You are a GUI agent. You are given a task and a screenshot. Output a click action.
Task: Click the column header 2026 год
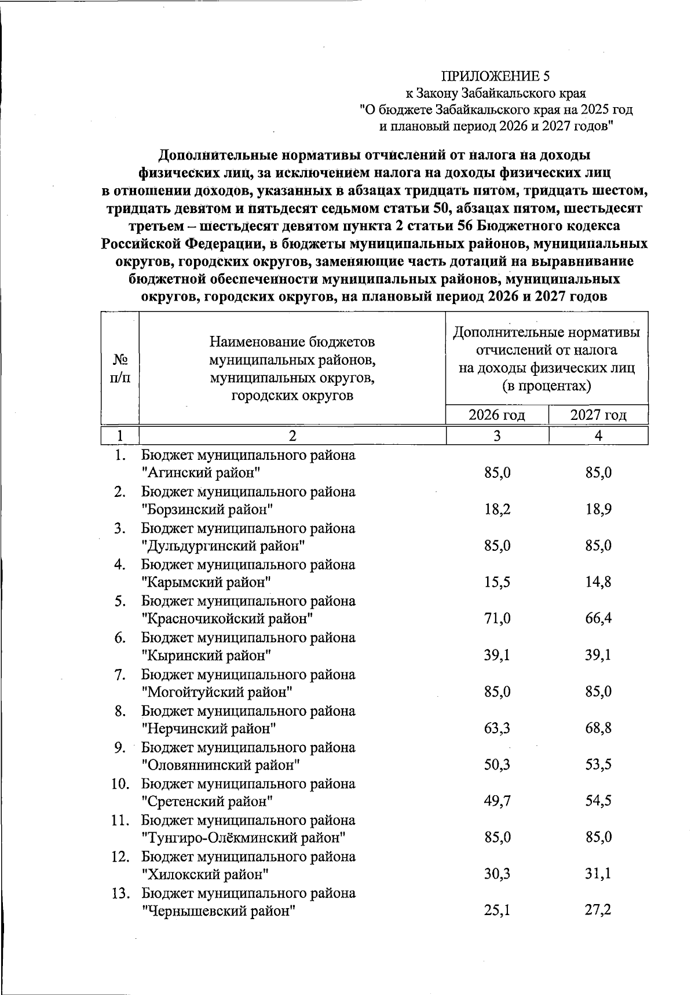click(497, 415)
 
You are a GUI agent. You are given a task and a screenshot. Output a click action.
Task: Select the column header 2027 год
click(598, 415)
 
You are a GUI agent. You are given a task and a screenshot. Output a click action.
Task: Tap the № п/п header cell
click(120, 368)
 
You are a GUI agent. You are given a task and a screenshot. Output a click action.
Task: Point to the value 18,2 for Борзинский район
click(497, 510)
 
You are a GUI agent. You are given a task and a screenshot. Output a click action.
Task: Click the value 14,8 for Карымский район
click(598, 582)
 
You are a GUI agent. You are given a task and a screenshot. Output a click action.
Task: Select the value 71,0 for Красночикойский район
click(497, 619)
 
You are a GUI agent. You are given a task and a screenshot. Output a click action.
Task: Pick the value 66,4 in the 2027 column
click(598, 619)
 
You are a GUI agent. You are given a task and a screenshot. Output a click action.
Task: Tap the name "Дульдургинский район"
click(223, 546)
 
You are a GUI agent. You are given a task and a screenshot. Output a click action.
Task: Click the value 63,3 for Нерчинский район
click(497, 728)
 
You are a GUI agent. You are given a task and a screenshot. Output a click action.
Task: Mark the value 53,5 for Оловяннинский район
click(598, 764)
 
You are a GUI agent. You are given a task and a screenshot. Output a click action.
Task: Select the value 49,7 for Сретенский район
click(497, 801)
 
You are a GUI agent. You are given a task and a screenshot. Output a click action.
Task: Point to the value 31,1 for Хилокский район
click(598, 874)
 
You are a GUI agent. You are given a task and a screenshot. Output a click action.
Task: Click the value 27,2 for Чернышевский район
click(598, 910)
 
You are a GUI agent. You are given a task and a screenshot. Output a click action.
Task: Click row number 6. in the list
click(120, 638)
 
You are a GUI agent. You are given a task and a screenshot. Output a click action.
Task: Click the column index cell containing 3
click(497, 436)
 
